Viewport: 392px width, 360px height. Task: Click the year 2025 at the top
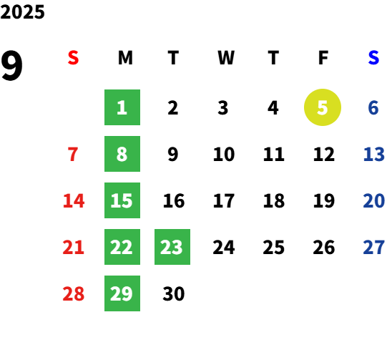click(x=22, y=12)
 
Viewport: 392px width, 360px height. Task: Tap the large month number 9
click(x=11, y=66)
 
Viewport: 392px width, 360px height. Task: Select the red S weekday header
click(x=73, y=58)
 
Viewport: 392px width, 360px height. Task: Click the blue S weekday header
click(x=373, y=58)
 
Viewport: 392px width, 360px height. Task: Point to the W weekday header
click(x=226, y=58)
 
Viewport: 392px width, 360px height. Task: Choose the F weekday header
click(x=323, y=58)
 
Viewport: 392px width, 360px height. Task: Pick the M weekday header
click(x=125, y=58)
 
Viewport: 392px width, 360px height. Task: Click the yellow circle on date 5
click(x=323, y=107)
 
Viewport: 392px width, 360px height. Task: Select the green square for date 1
click(x=122, y=107)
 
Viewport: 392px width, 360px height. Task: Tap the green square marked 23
click(x=172, y=247)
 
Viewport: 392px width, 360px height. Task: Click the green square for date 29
click(x=122, y=293)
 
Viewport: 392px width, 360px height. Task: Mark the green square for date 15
click(x=122, y=200)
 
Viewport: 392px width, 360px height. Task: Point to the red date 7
click(x=73, y=154)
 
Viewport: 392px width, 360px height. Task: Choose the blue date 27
click(x=373, y=247)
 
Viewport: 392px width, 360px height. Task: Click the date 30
click(x=174, y=293)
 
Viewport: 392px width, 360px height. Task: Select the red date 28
click(x=73, y=293)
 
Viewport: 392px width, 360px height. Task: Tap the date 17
click(x=224, y=200)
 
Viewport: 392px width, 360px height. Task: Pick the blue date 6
click(x=373, y=108)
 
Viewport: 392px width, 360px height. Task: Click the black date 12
click(x=324, y=154)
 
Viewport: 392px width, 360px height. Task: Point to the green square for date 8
click(x=122, y=154)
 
